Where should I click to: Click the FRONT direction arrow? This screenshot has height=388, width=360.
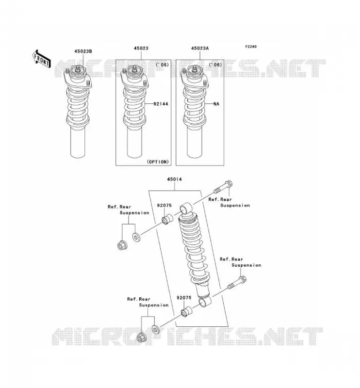tap(41, 59)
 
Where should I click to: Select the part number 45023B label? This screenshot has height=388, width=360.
tap(83, 51)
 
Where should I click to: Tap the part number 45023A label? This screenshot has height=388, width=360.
tap(200, 48)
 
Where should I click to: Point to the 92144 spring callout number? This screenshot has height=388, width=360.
tap(161, 104)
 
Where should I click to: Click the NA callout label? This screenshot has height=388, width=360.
tap(216, 104)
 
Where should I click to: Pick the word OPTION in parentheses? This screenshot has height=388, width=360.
tap(158, 162)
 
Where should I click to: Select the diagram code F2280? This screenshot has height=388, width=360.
tap(251, 47)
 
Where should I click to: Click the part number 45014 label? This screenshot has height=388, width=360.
tap(174, 179)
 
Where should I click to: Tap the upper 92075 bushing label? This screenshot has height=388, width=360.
tap(164, 205)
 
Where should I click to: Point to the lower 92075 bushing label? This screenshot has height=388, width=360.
tap(184, 298)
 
